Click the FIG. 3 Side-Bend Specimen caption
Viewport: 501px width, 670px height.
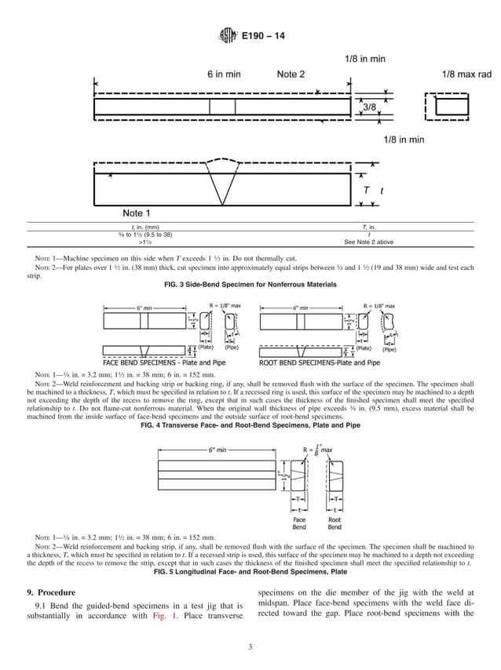[x=251, y=284]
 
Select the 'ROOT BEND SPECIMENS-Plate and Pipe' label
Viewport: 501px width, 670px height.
[x=320, y=363]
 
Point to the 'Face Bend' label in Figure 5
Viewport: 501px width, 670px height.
[x=299, y=523]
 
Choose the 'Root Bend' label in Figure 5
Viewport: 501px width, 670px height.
[x=335, y=523]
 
